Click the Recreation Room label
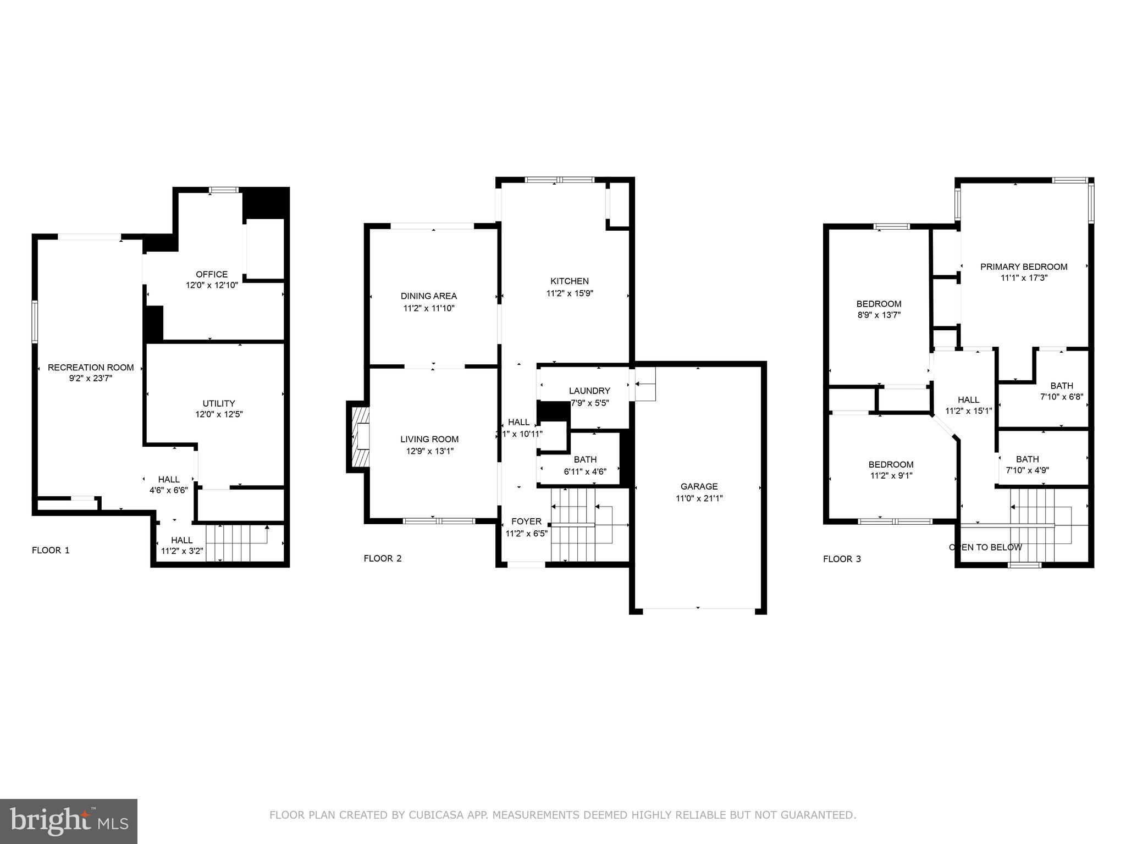[x=91, y=367]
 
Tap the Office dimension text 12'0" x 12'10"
[x=212, y=285]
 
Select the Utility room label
[x=218, y=403]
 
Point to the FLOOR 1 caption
[x=51, y=550]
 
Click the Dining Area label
[x=428, y=296]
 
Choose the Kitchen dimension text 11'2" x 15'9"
[x=570, y=293]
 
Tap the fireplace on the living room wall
[x=359, y=437]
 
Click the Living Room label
[x=429, y=439]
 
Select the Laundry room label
[x=589, y=391]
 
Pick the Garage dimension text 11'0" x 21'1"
[x=699, y=498]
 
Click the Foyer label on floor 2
[x=526, y=521]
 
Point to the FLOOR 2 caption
[x=383, y=558]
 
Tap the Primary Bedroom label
[x=1024, y=266]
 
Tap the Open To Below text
[x=985, y=547]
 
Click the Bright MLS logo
[x=69, y=821]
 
